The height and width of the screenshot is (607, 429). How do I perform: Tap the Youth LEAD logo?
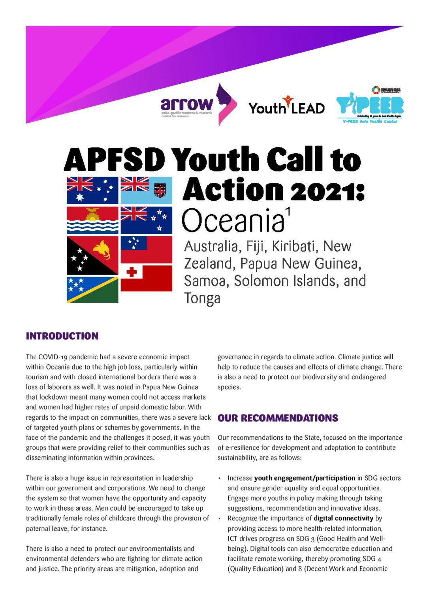pyautogui.click(x=286, y=106)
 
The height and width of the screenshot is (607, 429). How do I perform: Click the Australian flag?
pyautogui.click(x=92, y=190)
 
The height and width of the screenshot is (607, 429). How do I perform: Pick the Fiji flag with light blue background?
pyautogui.click(x=146, y=190)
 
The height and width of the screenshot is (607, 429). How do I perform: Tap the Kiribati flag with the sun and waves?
pyautogui.click(x=92, y=220)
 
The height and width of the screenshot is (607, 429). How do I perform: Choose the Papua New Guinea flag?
pyautogui.click(x=92, y=255)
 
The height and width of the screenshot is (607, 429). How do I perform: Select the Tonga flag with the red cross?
pyautogui.click(x=146, y=278)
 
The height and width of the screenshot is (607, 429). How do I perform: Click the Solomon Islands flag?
pyautogui.click(x=92, y=290)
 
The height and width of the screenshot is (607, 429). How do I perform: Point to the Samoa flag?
pyautogui.click(x=146, y=249)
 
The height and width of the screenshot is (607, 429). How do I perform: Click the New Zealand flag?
pyautogui.click(x=146, y=220)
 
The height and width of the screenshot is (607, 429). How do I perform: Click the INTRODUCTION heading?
pyautogui.click(x=62, y=336)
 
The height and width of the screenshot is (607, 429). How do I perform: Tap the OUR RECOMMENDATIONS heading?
pyautogui.click(x=278, y=418)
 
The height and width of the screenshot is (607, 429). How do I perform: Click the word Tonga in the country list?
pyautogui.click(x=202, y=298)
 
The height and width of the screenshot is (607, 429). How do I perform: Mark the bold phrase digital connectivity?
pyautogui.click(x=343, y=518)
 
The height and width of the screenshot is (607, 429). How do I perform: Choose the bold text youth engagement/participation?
pyautogui.click(x=305, y=478)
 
